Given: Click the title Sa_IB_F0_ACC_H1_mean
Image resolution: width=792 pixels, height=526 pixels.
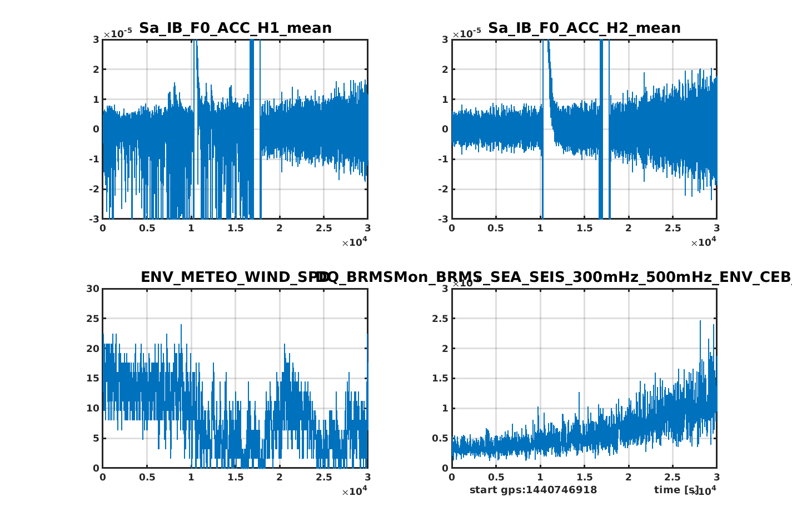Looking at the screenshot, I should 235,28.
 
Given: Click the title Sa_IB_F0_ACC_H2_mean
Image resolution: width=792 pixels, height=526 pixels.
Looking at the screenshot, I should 584,28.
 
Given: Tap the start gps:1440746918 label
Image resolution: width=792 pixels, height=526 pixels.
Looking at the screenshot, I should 533,490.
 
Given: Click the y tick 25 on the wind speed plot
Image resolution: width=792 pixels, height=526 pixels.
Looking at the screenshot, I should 93,319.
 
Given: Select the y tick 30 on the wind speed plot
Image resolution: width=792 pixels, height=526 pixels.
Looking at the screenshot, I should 93,289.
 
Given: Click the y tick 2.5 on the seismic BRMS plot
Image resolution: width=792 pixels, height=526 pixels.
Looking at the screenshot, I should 440,319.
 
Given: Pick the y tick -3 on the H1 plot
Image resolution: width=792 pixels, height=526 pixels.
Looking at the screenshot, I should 94,219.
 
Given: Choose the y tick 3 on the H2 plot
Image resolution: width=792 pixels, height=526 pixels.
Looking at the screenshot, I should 445,39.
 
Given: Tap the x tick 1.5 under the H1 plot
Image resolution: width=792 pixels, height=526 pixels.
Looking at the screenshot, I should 236,229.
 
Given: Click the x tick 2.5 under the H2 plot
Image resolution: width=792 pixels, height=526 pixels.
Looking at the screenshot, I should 673,229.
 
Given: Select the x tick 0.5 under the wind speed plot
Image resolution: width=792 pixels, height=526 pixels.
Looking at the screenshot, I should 147,478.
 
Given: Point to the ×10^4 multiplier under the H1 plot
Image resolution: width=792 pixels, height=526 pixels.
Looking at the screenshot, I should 354,242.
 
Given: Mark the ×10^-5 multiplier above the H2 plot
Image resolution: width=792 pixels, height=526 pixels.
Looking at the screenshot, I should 466,33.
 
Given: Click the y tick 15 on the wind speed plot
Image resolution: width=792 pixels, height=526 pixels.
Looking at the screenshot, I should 93,379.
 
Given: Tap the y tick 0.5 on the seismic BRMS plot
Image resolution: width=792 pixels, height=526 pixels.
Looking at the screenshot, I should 440,438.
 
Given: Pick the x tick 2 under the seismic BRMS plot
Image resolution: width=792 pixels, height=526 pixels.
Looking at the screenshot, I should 628,478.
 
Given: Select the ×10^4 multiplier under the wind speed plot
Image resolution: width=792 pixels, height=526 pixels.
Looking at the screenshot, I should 354,491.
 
